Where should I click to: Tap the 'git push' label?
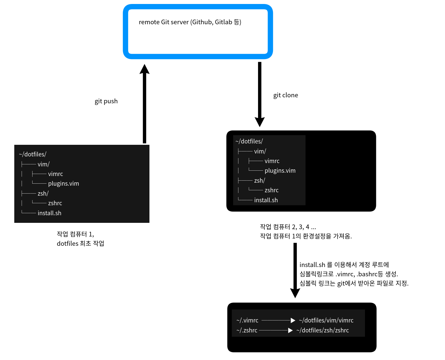pyautogui.click(x=106, y=101)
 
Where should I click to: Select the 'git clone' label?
pyautogui.click(x=286, y=95)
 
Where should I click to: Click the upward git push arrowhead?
pyautogui.click(x=144, y=69)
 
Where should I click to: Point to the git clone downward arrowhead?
pyautogui.click(x=260, y=122)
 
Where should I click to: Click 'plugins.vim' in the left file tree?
pyautogui.click(x=63, y=184)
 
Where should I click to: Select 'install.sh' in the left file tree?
pyautogui.click(x=49, y=213)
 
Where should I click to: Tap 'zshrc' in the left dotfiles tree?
pyautogui.click(x=55, y=203)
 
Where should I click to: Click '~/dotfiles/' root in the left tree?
pyautogui.click(x=33, y=154)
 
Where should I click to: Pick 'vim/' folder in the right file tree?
pyautogui.click(x=260, y=151)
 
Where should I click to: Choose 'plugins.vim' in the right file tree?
pyautogui.click(x=280, y=171)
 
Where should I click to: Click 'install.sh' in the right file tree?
pyautogui.click(x=266, y=200)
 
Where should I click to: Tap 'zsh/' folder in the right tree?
pyautogui.click(x=259, y=181)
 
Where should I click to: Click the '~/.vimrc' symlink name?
pyautogui.click(x=247, y=320)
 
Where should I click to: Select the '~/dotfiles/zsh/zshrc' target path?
pyautogui.click(x=322, y=330)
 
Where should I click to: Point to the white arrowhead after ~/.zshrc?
pyautogui.click(x=290, y=330)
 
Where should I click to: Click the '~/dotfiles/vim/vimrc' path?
pyautogui.click(x=326, y=320)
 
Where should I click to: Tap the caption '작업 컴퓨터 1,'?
pyautogui.click(x=75, y=234)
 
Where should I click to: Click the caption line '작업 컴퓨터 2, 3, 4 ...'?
pyautogui.click(x=288, y=227)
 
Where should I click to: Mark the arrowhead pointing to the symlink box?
pyautogui.click(x=295, y=293)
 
